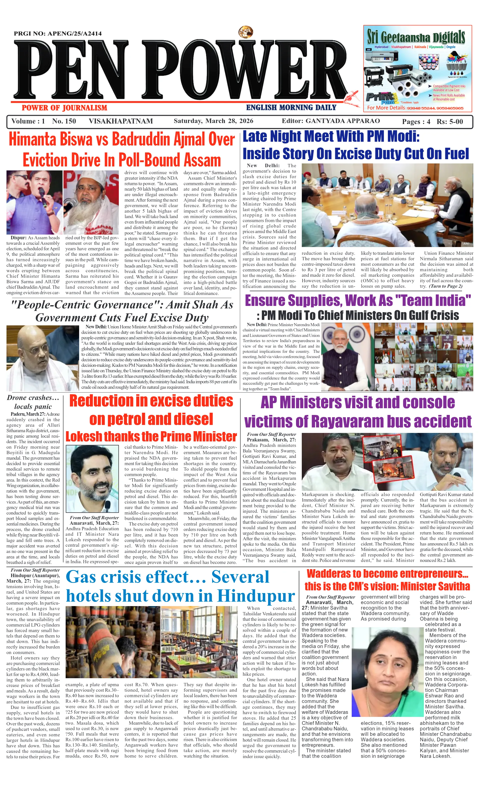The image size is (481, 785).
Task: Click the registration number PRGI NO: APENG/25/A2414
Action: pos(58,33)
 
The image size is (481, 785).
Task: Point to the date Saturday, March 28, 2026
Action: pos(213,121)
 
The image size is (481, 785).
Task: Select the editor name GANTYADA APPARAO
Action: pos(343,121)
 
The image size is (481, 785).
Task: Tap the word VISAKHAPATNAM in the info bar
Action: pos(121,121)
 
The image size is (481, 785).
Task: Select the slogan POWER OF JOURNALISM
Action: pos(64,108)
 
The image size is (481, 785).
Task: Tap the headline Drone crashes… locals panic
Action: pos(33,402)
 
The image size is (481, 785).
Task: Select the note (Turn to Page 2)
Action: pos(445,286)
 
